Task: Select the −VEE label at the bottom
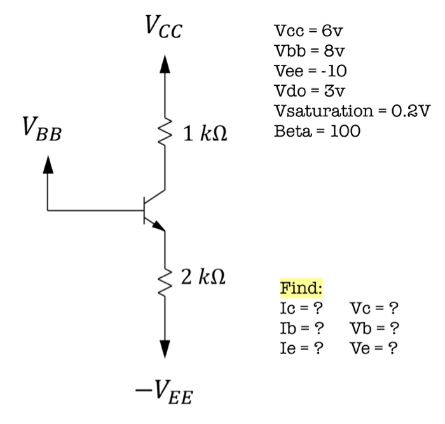164,395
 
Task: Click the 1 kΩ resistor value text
205,135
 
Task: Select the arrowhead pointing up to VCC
165,64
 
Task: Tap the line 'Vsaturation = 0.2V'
352,111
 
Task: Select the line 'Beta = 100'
316,132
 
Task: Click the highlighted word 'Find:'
301,289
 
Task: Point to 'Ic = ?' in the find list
298,309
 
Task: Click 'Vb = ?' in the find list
374,329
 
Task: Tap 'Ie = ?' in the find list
298,348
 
